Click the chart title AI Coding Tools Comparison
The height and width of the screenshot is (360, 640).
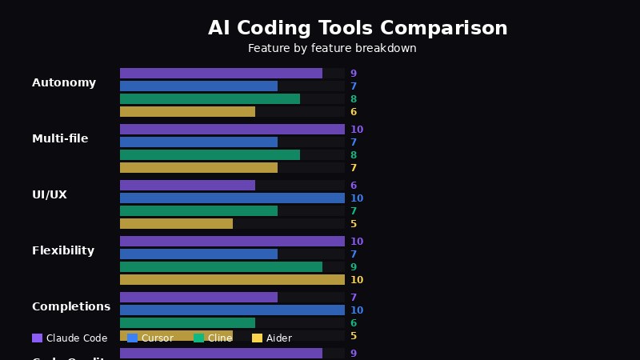point(358,29)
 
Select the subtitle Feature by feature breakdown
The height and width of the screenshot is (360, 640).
point(332,49)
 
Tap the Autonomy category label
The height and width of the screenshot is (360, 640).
point(64,83)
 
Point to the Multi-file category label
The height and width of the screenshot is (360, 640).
point(60,139)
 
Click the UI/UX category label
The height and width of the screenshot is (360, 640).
point(50,195)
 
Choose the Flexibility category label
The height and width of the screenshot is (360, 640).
point(63,251)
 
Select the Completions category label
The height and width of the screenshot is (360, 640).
point(71,307)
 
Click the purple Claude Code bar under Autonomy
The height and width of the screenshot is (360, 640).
point(221,74)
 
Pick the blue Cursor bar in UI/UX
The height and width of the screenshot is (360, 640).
point(232,198)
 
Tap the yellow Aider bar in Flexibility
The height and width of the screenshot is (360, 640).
point(232,280)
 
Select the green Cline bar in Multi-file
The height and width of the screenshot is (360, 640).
point(210,155)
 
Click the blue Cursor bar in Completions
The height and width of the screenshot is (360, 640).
point(232,310)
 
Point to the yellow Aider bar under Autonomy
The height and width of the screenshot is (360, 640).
point(187,112)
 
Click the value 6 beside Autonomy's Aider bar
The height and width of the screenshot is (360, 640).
point(354,113)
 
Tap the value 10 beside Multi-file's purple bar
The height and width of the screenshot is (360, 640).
point(357,130)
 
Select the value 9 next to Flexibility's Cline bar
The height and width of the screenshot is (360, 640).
point(354,267)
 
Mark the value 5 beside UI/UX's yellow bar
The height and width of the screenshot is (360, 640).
point(354,225)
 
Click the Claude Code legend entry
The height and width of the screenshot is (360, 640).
point(70,338)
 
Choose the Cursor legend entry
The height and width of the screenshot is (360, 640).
point(150,338)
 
